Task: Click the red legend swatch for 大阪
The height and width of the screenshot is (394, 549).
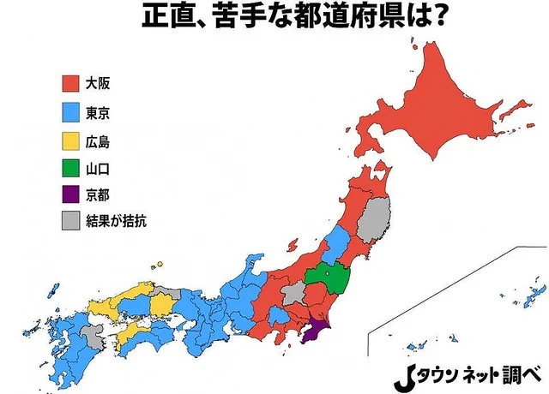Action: tap(71, 84)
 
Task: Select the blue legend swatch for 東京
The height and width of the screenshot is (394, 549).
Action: tap(71, 111)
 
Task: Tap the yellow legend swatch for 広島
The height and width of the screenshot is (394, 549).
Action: tap(71, 139)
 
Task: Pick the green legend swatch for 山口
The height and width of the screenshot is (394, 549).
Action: tap(71, 166)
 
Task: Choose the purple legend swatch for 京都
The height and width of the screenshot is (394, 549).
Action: tap(71, 194)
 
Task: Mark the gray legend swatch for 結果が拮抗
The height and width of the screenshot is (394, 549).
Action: tap(71, 221)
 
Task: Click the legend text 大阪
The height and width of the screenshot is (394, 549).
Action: tap(99, 84)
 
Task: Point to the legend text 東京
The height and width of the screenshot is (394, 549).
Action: tap(99, 111)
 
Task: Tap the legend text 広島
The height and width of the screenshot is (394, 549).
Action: tap(99, 139)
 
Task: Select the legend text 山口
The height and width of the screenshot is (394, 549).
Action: tap(99, 166)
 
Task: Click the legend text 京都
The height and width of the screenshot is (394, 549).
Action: tap(99, 194)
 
